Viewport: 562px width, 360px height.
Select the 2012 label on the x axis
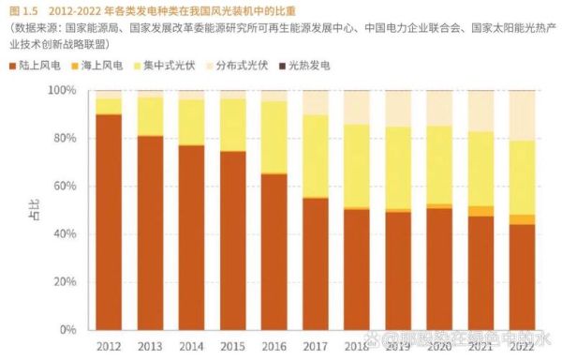pos(109,346)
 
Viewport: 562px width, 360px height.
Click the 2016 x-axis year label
pos(274,346)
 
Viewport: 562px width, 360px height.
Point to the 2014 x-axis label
pos(191,346)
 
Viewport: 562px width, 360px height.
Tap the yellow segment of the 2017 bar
pos(315,156)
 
